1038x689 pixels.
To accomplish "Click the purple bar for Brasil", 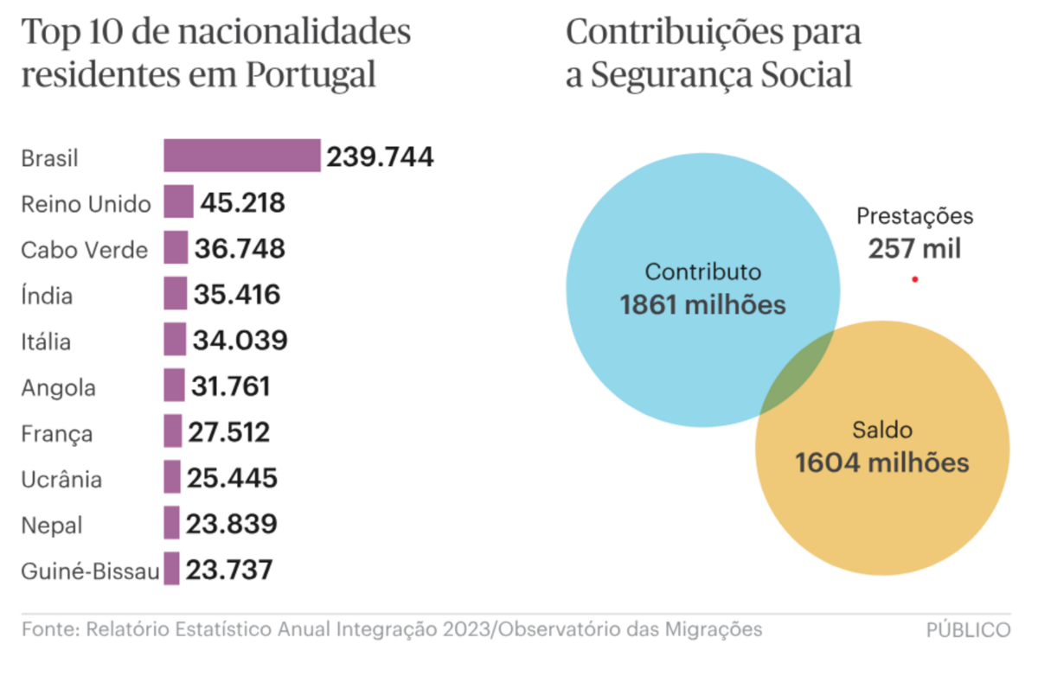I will (x=242, y=156).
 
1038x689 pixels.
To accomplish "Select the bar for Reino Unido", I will (x=178, y=201).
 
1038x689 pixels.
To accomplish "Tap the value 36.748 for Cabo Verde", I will (x=240, y=249).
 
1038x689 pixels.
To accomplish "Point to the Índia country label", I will (x=47, y=297).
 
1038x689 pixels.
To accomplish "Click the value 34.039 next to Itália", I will (x=240, y=341).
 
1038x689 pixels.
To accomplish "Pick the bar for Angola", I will (x=174, y=385).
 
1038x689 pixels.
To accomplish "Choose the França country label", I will (x=56, y=433).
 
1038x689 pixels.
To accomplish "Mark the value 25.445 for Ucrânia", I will (x=232, y=477).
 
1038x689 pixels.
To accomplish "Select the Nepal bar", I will (x=171, y=523).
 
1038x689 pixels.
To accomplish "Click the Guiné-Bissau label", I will (x=90, y=571).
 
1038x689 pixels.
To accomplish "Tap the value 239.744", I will (x=380, y=156).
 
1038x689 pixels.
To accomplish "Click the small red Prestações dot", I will (x=914, y=279).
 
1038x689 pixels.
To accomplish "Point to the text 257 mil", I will (x=914, y=249).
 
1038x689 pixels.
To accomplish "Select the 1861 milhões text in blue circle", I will (x=702, y=305).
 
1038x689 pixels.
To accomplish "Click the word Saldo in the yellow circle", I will (x=882, y=429).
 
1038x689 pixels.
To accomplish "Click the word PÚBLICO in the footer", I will (x=968, y=630).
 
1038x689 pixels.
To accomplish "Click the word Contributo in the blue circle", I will (x=703, y=272).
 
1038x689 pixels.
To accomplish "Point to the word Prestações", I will (x=914, y=216).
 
